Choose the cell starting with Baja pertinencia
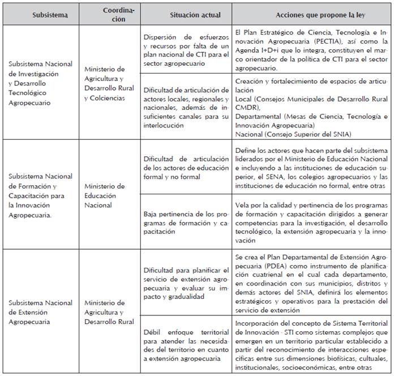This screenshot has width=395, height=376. (184, 224)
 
